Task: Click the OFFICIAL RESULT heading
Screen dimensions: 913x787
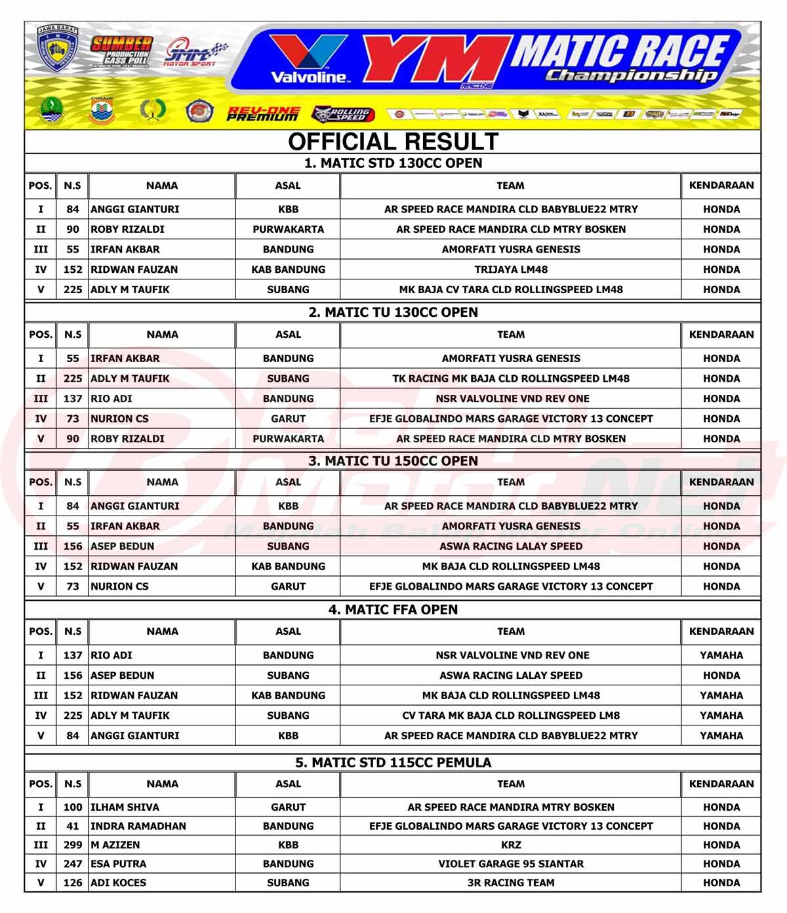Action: (393, 142)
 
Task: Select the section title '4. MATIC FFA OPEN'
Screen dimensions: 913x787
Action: (393, 609)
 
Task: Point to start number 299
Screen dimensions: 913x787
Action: (73, 845)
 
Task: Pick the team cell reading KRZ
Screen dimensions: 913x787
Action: (511, 845)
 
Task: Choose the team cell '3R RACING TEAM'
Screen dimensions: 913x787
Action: (511, 883)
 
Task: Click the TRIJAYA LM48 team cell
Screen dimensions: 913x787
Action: (511, 269)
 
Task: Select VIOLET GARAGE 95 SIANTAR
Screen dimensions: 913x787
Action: (511, 864)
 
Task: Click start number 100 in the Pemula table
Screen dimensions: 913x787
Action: (73, 807)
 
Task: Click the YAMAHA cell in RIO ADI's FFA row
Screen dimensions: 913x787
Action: (721, 655)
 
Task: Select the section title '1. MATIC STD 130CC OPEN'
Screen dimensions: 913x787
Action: (393, 163)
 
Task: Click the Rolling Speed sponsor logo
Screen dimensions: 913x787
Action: (341, 113)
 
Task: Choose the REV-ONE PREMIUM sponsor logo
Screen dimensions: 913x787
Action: (264, 113)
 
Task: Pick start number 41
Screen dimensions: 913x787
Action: (73, 826)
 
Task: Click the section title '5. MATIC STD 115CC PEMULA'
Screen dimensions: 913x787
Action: (393, 762)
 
